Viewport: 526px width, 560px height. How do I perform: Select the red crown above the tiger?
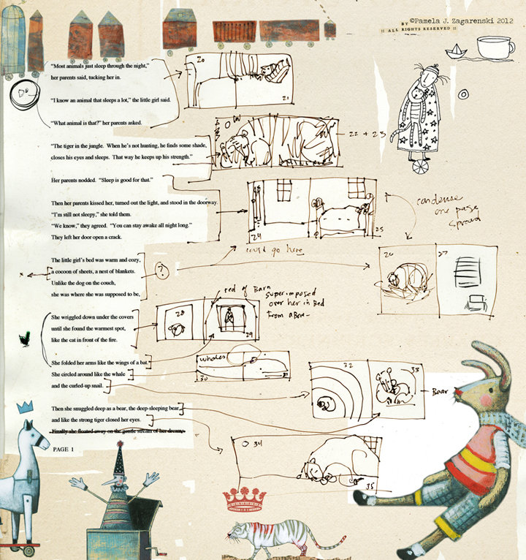coord(245,499)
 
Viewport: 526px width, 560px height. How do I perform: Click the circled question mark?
coord(163,270)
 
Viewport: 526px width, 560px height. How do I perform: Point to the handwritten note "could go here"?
coord(275,251)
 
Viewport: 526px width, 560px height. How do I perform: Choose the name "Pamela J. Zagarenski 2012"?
coord(454,22)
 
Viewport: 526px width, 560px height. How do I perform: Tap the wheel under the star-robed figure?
coord(419,167)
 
